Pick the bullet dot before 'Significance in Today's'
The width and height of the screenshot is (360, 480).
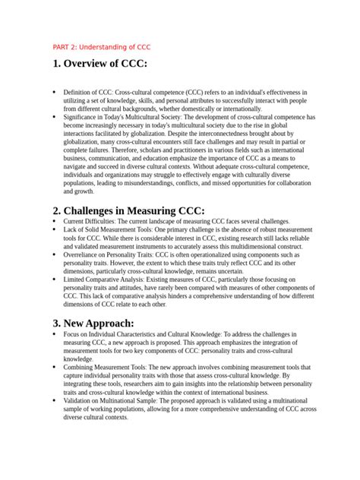[54, 118]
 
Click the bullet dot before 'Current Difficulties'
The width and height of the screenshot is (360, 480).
[54, 222]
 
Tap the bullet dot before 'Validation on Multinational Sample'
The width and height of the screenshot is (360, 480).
[54, 400]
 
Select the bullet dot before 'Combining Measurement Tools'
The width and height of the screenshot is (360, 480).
[54, 366]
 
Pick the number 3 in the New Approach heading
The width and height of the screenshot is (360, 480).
[56, 323]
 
